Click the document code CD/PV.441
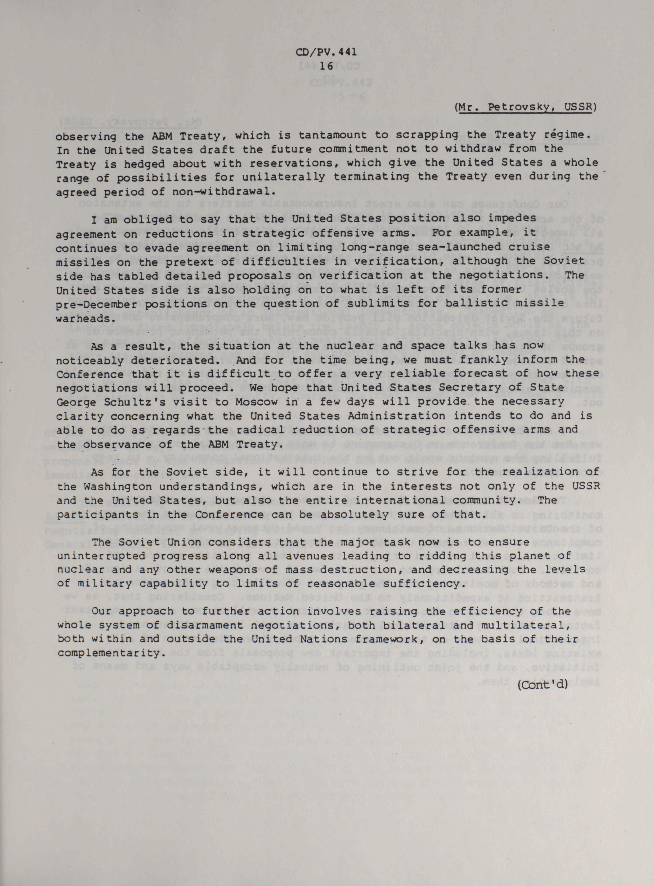[327, 52]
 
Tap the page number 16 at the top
[327, 66]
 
